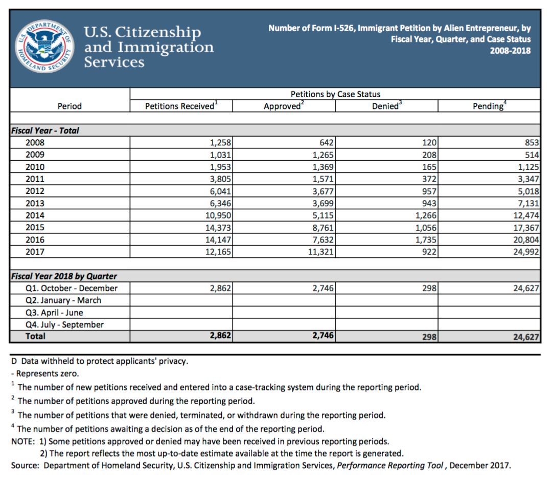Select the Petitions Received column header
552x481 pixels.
180,106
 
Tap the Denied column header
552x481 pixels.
386,106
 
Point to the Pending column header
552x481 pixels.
489,106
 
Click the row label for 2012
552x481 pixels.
35,191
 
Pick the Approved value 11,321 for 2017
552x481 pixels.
320,252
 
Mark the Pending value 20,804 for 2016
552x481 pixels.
524,239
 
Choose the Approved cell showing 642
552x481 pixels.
326,143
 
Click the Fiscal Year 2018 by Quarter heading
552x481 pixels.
64,276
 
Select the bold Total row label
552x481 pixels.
35,336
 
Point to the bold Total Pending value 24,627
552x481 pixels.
524,337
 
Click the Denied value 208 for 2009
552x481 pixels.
429,155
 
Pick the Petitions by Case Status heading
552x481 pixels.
335,94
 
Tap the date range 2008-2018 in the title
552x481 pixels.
510,51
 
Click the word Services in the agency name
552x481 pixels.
114,62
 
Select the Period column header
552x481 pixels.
70,106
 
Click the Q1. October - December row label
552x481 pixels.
72,288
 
